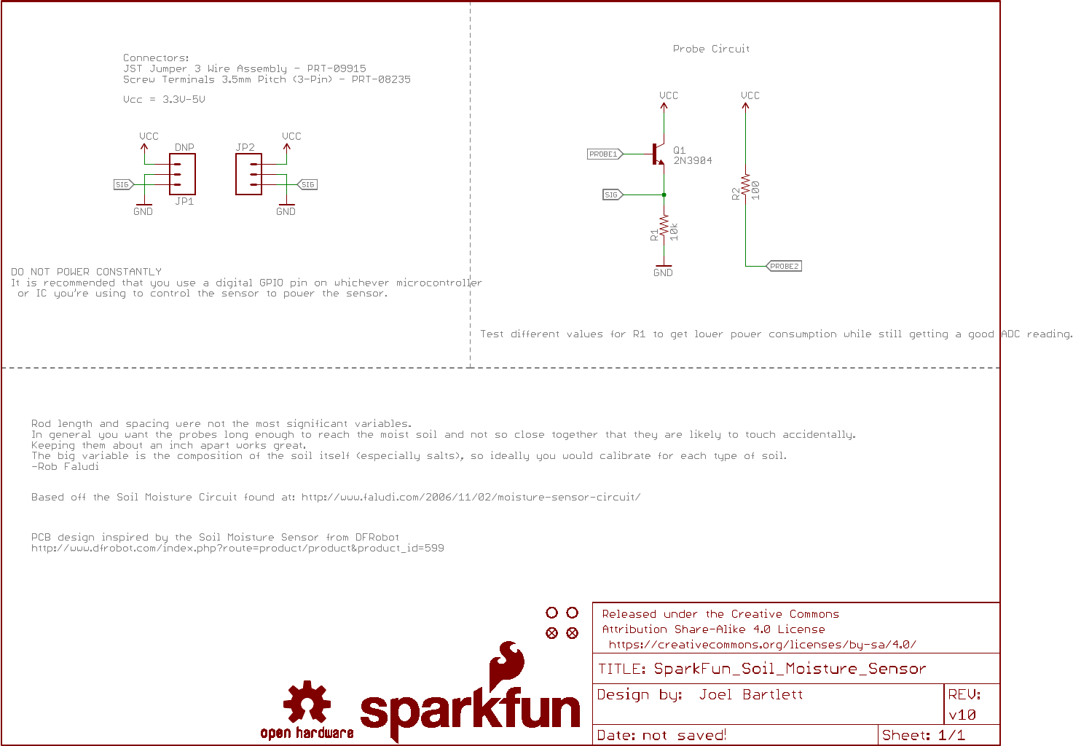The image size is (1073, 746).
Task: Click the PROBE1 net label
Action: click(605, 154)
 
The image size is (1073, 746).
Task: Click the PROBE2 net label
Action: click(784, 266)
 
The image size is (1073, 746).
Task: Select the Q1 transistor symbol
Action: click(659, 154)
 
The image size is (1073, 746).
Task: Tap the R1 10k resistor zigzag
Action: click(664, 226)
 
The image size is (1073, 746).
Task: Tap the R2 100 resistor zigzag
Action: click(745, 185)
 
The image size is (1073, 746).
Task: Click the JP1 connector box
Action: click(183, 174)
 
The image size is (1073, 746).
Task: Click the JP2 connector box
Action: click(248, 174)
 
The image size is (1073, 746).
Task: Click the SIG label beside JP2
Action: click(307, 184)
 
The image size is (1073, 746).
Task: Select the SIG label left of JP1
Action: click(123, 184)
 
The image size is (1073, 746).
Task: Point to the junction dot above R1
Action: click(664, 195)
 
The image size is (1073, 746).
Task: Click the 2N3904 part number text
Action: click(693, 160)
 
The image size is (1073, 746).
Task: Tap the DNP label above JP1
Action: click(184, 147)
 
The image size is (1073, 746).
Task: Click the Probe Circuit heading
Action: click(712, 49)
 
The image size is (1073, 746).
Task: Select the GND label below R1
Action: click(663, 272)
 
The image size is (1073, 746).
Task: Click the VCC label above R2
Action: click(750, 95)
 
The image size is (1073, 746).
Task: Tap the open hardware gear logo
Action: click(307, 701)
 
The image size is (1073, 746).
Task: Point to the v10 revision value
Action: click(962, 715)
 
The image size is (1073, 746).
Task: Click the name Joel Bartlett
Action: click(751, 694)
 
